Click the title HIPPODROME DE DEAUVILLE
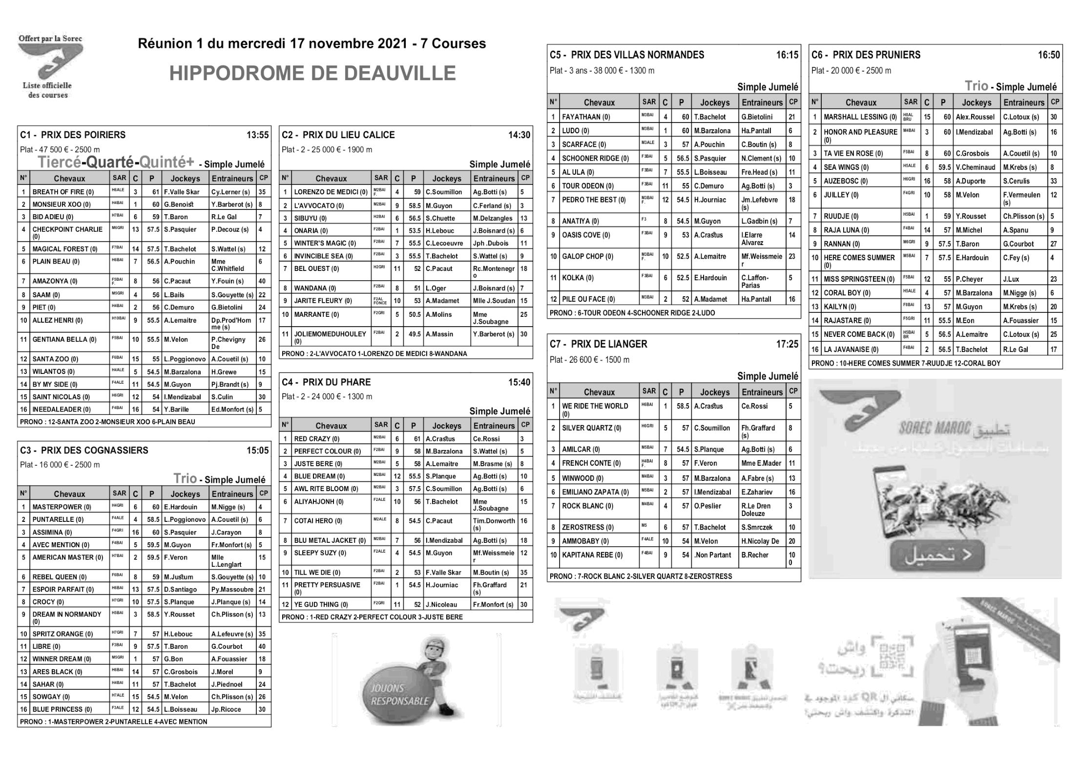tap(312, 73)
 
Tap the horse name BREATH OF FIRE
tap(63, 192)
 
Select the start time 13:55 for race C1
tap(257, 135)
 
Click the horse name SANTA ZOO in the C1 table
tap(55, 359)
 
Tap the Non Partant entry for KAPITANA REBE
tap(713, 555)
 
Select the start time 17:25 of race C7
tap(787, 344)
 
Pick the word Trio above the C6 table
tap(976, 86)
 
